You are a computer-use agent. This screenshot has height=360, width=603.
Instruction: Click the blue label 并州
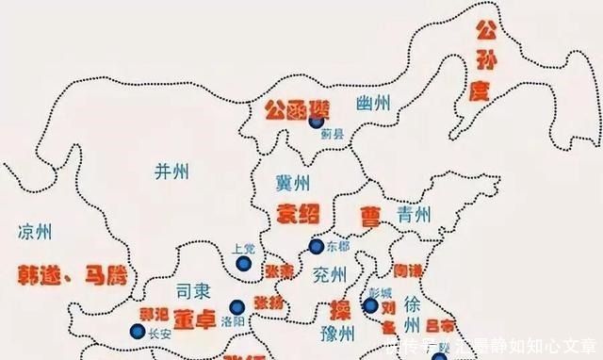pyautogui.click(x=171, y=171)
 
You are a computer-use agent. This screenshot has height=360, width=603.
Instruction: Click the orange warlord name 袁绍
pyautogui.click(x=298, y=213)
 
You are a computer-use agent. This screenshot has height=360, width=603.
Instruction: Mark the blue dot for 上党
pyautogui.click(x=243, y=265)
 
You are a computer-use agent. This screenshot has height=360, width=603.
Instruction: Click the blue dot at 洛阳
pyautogui.click(x=236, y=305)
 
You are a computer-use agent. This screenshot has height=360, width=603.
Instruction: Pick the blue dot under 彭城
pyautogui.click(x=371, y=305)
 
